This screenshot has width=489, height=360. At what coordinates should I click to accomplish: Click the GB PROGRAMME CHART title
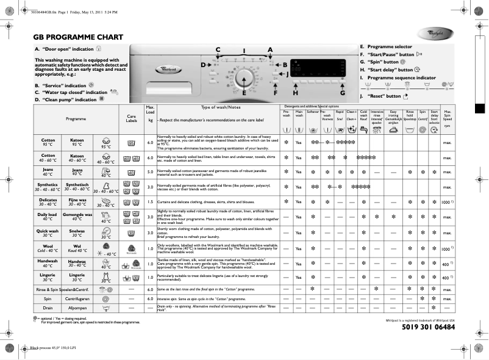[x=78, y=37]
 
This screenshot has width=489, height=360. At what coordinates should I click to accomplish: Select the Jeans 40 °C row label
[x=48, y=172]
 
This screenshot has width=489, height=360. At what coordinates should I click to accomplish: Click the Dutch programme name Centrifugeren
[x=77, y=300]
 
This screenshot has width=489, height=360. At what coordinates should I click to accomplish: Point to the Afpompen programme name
[x=77, y=309]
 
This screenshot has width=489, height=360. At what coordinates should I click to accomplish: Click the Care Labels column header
[x=131, y=118]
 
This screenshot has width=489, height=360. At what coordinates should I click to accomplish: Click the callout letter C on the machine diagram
[x=218, y=49]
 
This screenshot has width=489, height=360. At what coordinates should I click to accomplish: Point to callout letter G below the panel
[x=343, y=93]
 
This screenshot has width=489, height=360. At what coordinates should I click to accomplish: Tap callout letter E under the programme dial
[x=244, y=93]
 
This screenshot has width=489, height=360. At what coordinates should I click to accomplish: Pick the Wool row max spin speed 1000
[x=446, y=249]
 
